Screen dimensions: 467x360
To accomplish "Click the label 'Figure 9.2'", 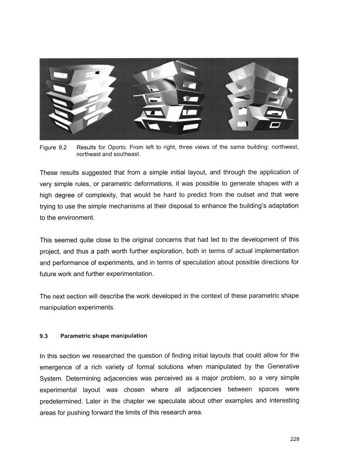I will pyautogui.click(x=53, y=148).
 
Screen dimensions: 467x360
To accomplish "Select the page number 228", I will pyautogui.click(x=294, y=439).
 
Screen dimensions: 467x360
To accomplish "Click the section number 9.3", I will pyautogui.click(x=44, y=336).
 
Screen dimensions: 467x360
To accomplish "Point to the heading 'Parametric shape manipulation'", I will pyautogui.click(x=104, y=336).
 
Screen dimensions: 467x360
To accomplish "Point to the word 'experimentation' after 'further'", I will pyautogui.click(x=131, y=274).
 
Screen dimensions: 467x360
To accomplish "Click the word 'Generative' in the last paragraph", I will pyautogui.click(x=283, y=367).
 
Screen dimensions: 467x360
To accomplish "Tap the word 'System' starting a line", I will pyautogui.click(x=51, y=378).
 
